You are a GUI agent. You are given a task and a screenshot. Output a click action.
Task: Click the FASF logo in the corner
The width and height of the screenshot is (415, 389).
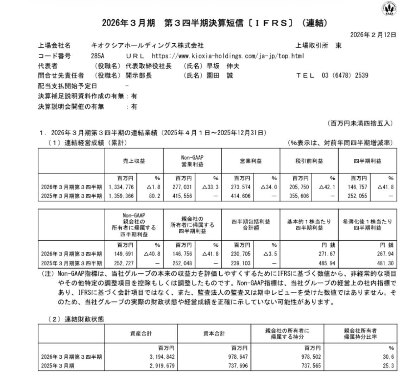[x=389, y=8]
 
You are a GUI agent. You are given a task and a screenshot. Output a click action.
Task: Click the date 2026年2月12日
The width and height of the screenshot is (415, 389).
[x=373, y=35]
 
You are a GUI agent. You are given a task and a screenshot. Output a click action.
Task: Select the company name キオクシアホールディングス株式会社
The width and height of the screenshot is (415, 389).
[x=147, y=45]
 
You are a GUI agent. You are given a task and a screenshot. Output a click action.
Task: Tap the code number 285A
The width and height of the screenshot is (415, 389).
[x=98, y=56]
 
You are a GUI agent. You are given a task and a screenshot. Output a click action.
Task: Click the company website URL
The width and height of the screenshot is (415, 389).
[x=228, y=56]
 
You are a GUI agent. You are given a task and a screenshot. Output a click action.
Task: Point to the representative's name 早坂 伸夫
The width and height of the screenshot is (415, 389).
[x=222, y=66]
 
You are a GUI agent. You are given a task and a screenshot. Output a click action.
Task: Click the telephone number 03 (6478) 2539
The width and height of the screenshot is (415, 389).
[x=345, y=75]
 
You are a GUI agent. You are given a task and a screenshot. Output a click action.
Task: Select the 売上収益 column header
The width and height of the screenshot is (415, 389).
[x=134, y=161]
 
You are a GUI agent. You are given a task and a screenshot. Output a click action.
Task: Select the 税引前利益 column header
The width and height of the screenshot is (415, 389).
[x=309, y=161]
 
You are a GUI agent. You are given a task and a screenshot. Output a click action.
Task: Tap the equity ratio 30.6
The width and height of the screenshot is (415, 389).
[x=389, y=357]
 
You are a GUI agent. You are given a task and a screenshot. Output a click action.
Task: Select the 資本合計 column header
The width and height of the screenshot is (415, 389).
[x=214, y=333]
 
